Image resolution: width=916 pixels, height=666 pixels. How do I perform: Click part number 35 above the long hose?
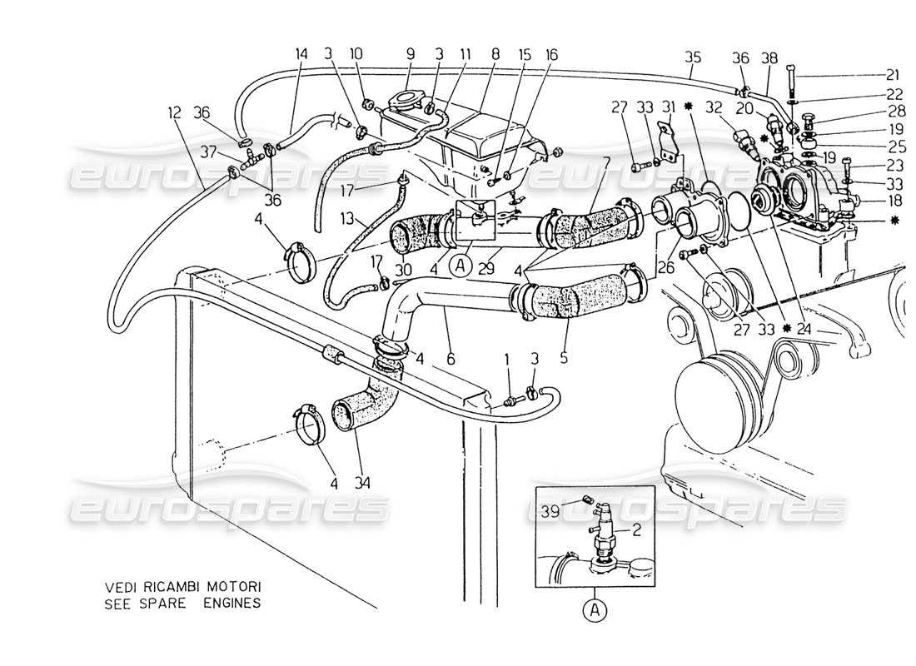coord(694,57)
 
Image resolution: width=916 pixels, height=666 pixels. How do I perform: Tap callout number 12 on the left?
coord(174,110)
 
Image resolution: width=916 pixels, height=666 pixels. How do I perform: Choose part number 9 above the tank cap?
coord(411,53)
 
